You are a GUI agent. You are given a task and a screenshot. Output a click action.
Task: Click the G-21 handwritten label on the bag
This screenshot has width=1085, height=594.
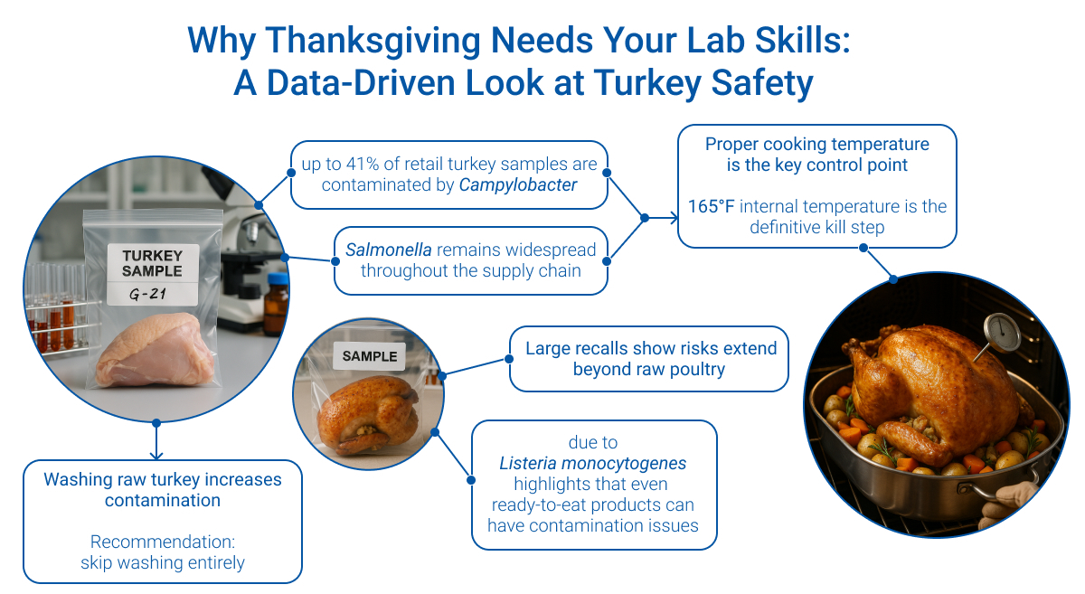pyautogui.click(x=153, y=294)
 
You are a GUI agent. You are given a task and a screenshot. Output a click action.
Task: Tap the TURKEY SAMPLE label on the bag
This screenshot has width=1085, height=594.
pyautogui.click(x=152, y=262)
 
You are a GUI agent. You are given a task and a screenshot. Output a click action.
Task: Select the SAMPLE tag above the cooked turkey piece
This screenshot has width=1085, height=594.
pyautogui.click(x=369, y=356)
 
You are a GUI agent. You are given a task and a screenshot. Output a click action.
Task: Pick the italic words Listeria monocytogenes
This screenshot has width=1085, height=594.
pyautogui.click(x=593, y=463)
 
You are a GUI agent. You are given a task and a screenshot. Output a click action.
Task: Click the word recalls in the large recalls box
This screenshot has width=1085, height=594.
pyautogui.click(x=623, y=348)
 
